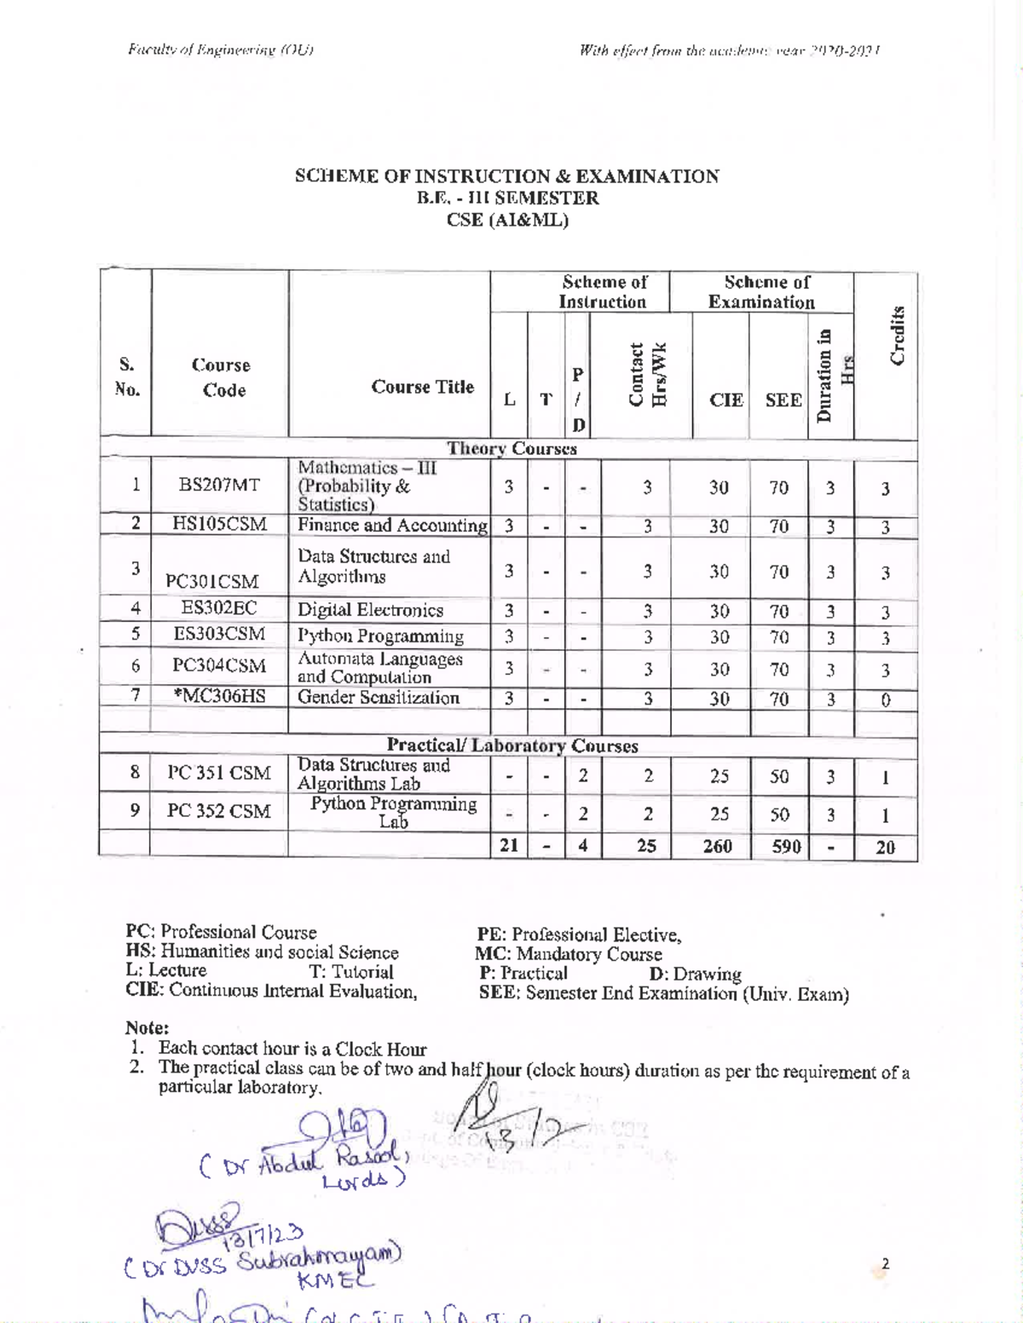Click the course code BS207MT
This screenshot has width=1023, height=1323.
219,485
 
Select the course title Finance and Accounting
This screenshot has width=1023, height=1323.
391,525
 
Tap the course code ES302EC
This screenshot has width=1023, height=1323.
219,608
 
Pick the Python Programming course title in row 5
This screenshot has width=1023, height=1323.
380,636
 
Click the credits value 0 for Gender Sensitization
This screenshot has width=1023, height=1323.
886,700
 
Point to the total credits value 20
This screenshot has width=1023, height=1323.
885,847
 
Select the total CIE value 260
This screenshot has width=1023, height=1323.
718,846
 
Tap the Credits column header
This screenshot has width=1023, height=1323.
897,335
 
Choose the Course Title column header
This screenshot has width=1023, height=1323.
422,387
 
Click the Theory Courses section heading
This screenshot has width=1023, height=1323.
512,448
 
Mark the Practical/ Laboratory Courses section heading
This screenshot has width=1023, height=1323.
512,745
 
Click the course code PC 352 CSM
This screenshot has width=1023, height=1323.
219,811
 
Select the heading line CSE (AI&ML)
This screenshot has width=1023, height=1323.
507,220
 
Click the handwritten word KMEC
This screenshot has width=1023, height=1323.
325,1280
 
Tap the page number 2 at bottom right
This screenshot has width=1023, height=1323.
885,1263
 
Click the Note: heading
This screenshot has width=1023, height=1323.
147,1028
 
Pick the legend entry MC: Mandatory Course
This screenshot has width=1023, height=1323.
569,954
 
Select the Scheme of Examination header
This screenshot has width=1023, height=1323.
761,291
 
